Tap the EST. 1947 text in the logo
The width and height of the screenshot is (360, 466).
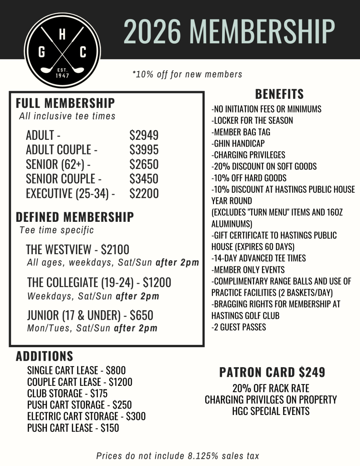[62, 73]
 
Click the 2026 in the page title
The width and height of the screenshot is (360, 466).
[151, 31]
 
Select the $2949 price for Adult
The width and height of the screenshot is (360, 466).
[144, 135]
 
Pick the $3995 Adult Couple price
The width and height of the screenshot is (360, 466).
[144, 150]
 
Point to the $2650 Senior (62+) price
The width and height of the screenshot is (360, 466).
[144, 164]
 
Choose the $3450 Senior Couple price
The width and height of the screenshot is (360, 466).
[144, 179]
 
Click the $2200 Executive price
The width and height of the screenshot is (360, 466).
[144, 194]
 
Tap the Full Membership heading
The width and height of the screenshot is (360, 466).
[65, 103]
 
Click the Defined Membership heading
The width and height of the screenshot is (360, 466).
[75, 217]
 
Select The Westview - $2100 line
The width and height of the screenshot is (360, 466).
[77, 250]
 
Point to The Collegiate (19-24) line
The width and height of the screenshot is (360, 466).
[99, 282]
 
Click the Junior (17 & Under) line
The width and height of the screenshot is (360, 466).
[90, 315]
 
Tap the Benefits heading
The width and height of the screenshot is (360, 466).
[279, 94]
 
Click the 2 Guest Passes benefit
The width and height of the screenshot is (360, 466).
[239, 327]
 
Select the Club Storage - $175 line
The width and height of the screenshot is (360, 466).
[67, 393]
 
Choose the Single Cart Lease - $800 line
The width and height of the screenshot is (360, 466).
[76, 370]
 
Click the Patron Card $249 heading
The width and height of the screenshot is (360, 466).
[272, 373]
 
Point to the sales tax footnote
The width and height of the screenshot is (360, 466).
[178, 456]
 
